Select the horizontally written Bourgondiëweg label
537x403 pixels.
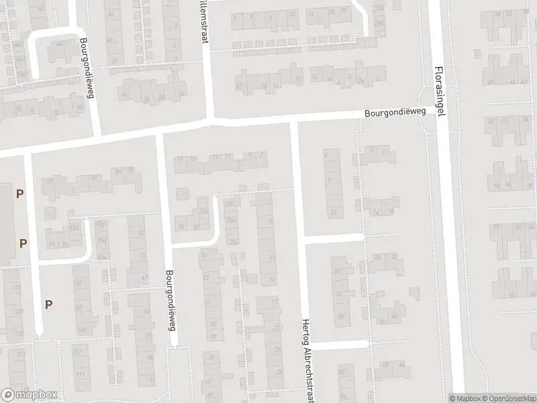396,114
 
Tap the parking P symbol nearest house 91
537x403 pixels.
23,243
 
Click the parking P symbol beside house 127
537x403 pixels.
48,304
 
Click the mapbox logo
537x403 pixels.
30,394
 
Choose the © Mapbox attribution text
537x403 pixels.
465,398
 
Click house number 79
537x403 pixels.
131,169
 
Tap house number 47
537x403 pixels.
144,277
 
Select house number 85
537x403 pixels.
141,233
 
